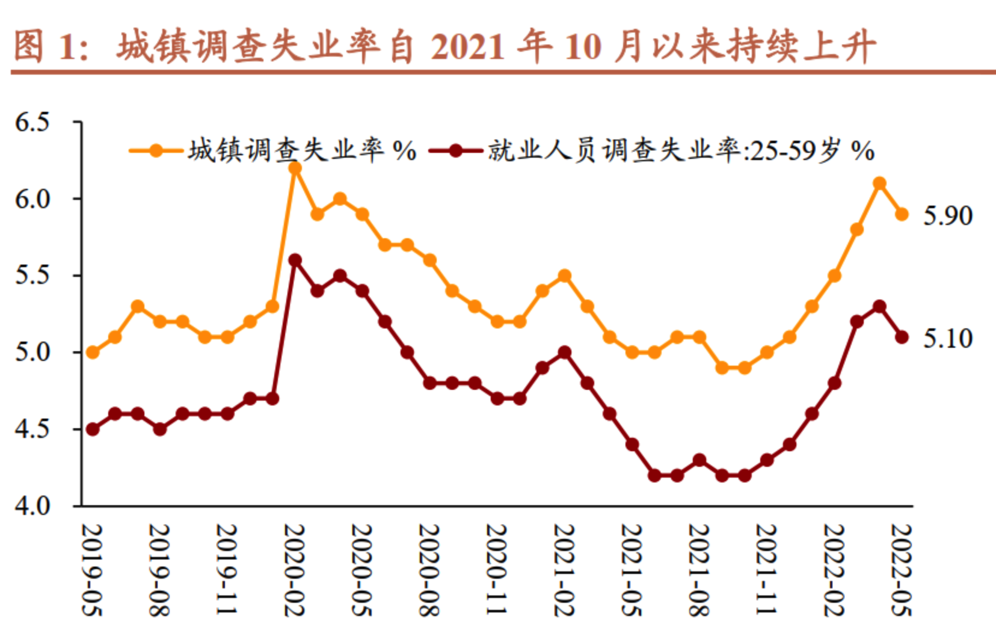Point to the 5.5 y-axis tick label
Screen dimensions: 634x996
click(32, 275)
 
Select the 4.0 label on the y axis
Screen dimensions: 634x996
click(32, 506)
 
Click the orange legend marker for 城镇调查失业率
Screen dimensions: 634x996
click(156, 150)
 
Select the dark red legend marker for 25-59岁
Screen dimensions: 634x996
click(455, 150)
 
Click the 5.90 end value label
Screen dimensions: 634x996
click(948, 215)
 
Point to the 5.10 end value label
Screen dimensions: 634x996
click(948, 338)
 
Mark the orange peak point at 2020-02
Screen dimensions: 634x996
click(295, 168)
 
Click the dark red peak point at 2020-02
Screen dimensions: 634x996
click(295, 260)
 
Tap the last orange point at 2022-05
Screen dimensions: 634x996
click(902, 214)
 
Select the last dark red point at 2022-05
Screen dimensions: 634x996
click(902, 337)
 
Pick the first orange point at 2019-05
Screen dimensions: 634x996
click(93, 352)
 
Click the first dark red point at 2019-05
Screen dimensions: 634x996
click(93, 429)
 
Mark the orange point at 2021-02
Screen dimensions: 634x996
click(564, 275)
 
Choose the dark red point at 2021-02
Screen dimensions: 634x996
click(564, 352)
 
